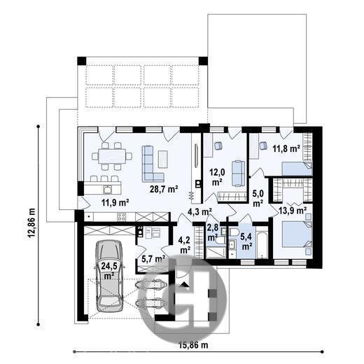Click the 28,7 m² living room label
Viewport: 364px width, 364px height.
tap(164, 189)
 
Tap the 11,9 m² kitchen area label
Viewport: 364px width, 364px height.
tap(115, 202)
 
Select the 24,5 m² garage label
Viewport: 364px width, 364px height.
tap(109, 271)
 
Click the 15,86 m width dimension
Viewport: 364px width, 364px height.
tap(193, 345)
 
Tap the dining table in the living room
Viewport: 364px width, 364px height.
tap(112, 156)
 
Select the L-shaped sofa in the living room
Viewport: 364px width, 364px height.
tap(152, 164)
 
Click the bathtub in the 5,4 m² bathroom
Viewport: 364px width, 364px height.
tap(262, 245)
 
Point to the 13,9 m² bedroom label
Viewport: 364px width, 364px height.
tap(293, 211)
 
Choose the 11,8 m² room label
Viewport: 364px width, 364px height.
tap(286, 148)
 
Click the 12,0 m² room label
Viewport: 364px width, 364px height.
tap(217, 178)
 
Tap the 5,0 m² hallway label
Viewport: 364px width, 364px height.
tap(258, 199)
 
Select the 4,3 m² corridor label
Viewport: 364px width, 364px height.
tap(199, 211)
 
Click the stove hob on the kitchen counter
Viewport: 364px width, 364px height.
tap(121, 217)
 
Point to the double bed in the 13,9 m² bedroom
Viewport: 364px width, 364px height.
tap(297, 234)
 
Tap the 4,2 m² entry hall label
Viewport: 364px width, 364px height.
tap(185, 245)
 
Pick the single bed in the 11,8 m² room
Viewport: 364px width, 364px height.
tap(297, 169)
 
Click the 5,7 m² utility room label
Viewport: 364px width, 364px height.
tap(153, 258)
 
